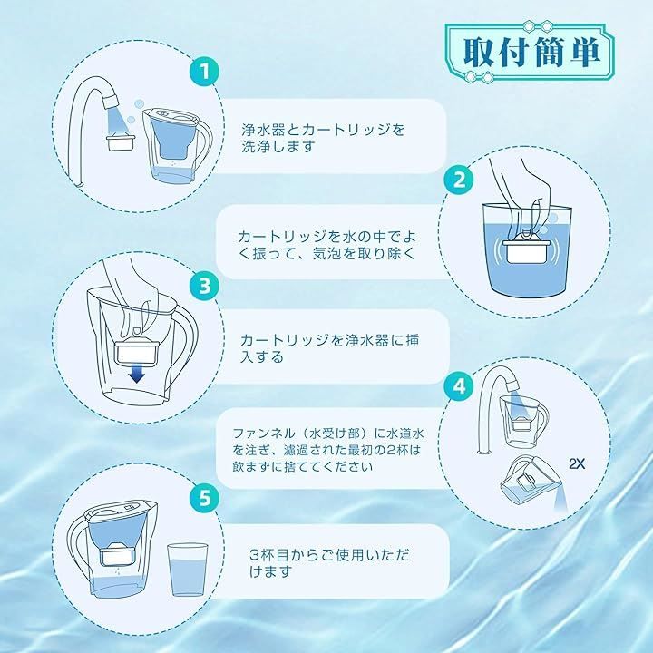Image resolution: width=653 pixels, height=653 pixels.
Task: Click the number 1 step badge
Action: [x=204, y=72]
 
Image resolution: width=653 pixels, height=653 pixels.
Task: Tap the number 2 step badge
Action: [x=459, y=180]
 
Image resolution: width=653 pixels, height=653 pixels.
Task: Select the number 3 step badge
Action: [x=204, y=286]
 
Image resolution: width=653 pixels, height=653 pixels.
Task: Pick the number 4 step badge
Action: [x=459, y=387]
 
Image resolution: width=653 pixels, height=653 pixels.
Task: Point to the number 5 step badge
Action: [x=204, y=497]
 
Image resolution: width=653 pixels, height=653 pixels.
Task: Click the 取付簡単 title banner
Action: [x=530, y=52]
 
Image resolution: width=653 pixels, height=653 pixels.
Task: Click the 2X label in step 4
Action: [x=577, y=463]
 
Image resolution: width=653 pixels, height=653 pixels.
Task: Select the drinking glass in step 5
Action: [x=187, y=570]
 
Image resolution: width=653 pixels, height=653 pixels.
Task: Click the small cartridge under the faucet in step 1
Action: [x=122, y=142]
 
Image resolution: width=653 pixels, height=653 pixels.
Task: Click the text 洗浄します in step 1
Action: [x=278, y=147]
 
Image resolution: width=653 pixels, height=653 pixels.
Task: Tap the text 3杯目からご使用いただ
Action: [x=329, y=555]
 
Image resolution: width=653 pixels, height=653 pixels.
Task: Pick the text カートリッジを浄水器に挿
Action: [x=330, y=340]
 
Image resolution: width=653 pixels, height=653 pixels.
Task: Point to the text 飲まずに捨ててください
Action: [x=302, y=466]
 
